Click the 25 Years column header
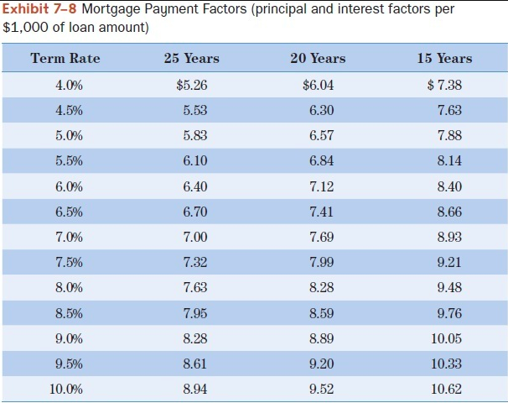click(x=191, y=58)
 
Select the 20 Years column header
click(x=318, y=58)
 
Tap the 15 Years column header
click(x=444, y=58)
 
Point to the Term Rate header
click(x=65, y=58)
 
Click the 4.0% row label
click(x=69, y=85)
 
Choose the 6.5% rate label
click(x=69, y=212)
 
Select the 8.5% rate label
click(x=69, y=313)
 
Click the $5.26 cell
click(x=192, y=85)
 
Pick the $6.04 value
click(x=319, y=85)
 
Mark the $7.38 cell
click(x=444, y=85)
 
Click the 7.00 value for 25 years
click(x=194, y=237)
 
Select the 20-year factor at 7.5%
click(x=321, y=262)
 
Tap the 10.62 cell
click(x=446, y=389)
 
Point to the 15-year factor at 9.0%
click(x=446, y=338)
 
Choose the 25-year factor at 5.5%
click(x=194, y=160)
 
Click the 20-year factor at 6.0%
click(x=321, y=186)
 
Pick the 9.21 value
click(x=448, y=262)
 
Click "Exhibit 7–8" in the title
click(x=38, y=9)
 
